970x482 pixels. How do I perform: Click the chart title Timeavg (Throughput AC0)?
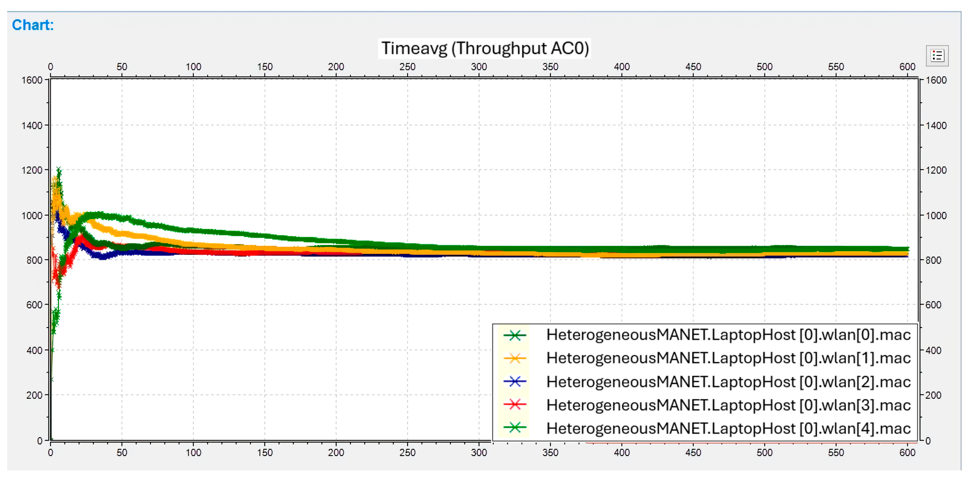point(485,48)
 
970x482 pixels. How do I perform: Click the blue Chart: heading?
point(33,25)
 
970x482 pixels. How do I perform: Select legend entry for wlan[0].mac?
point(728,335)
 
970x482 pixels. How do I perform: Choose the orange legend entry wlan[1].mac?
point(728,358)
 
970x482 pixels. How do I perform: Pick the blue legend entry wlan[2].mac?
point(728,382)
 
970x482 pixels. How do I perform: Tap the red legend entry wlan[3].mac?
point(728,405)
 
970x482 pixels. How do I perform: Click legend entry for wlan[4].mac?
point(728,428)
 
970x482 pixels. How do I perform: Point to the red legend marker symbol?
point(515,405)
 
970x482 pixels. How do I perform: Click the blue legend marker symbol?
point(515,382)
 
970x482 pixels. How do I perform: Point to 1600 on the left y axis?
point(32,80)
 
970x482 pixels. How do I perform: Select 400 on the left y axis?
point(34,350)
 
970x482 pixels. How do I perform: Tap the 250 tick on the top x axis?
point(407,67)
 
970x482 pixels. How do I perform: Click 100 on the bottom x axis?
point(193,453)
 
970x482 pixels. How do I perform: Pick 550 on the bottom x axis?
point(836,453)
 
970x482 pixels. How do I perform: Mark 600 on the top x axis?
point(908,67)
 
